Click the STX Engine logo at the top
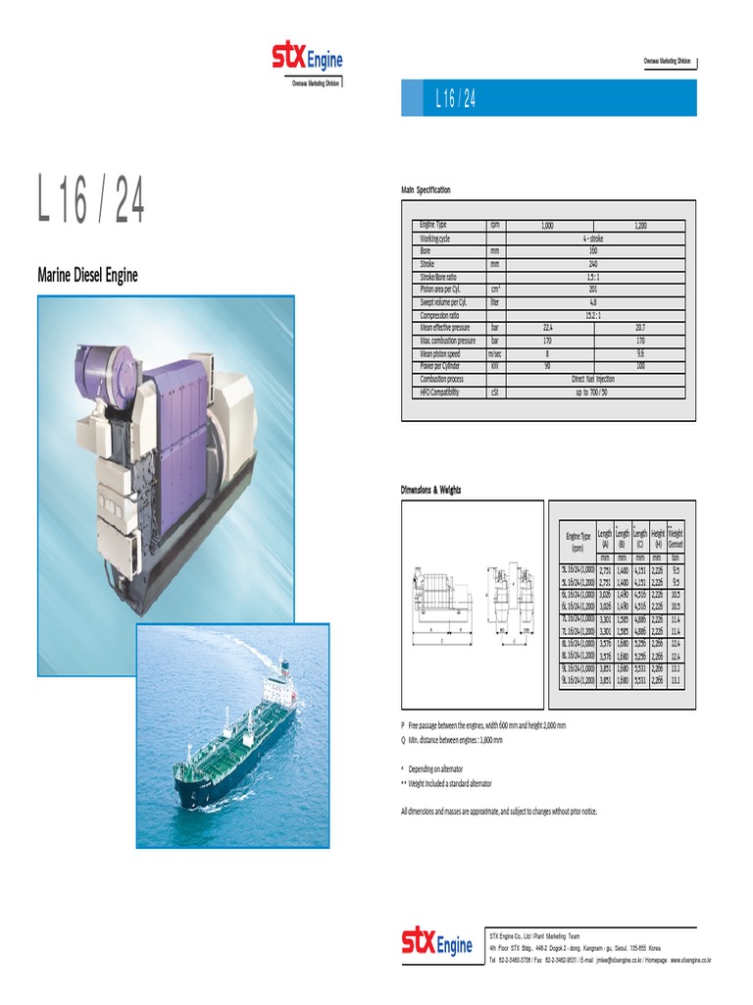click(x=307, y=58)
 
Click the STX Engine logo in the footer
click(x=436, y=942)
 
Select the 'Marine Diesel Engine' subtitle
click(x=87, y=275)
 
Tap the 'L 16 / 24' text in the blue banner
click(x=455, y=99)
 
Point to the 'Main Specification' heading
click(x=426, y=189)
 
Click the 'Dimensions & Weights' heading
click(x=430, y=490)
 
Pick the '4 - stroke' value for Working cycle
click(x=593, y=238)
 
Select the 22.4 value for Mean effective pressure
click(x=547, y=328)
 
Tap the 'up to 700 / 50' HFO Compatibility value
click(x=593, y=392)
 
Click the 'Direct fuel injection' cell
click(x=593, y=379)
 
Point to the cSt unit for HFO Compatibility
click(x=494, y=392)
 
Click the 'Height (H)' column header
click(x=657, y=538)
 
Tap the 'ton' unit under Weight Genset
click(x=676, y=557)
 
